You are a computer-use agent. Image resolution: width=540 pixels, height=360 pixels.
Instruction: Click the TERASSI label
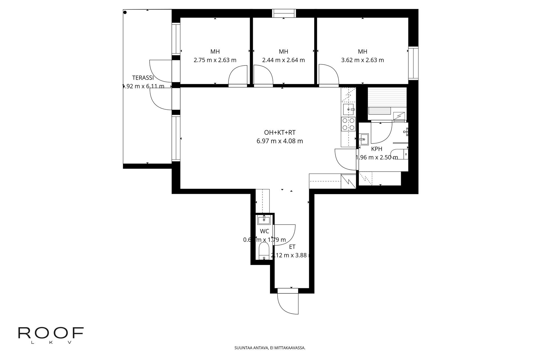click(143, 78)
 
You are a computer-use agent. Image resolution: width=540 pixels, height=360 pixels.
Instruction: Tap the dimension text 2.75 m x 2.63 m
click(215, 60)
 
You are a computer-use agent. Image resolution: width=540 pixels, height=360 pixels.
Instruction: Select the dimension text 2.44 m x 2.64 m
click(283, 60)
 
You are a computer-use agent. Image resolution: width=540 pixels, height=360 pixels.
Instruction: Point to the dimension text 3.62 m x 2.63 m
click(362, 60)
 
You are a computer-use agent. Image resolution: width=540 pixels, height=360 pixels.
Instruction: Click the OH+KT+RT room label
click(280, 132)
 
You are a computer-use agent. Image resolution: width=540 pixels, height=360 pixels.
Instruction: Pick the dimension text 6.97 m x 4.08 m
click(280, 141)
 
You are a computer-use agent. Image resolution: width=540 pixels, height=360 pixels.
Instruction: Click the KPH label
click(377, 149)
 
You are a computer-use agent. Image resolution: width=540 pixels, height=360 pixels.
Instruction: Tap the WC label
click(264, 231)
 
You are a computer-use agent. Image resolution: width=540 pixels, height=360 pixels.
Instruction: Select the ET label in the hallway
click(292, 247)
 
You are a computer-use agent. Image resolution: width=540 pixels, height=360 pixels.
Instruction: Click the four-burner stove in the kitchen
click(348, 124)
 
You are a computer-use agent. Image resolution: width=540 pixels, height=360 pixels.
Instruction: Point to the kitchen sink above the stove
click(349, 110)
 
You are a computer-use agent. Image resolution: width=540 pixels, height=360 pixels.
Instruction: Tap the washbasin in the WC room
click(264, 220)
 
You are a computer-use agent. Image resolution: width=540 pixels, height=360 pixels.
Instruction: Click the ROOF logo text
click(51, 333)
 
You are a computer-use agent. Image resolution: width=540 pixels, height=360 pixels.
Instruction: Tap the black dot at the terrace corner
click(125, 12)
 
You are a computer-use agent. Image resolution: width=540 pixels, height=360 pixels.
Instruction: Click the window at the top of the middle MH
click(284, 13)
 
